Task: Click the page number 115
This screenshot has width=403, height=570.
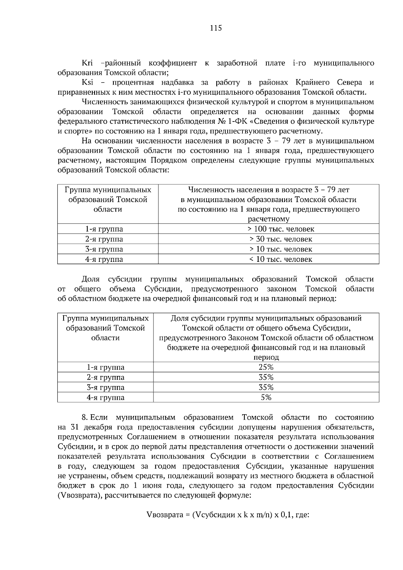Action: click(216, 28)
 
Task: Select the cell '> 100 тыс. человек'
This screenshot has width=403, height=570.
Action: click(281, 229)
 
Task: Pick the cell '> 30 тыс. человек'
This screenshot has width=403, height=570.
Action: click(281, 239)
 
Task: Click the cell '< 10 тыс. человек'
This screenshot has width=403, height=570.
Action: click(281, 259)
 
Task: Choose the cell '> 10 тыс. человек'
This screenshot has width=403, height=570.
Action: click(281, 249)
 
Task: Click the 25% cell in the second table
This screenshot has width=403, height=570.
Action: click(266, 367)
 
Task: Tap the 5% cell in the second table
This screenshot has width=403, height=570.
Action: click(266, 398)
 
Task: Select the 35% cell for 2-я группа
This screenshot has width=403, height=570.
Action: click(266, 377)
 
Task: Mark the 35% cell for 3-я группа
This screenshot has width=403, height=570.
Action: click(266, 388)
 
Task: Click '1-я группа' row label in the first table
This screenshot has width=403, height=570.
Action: click(104, 229)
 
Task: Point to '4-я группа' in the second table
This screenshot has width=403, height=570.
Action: click(105, 398)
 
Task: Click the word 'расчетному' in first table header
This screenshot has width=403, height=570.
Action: click(268, 220)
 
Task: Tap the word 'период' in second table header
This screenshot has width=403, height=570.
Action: click(266, 358)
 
